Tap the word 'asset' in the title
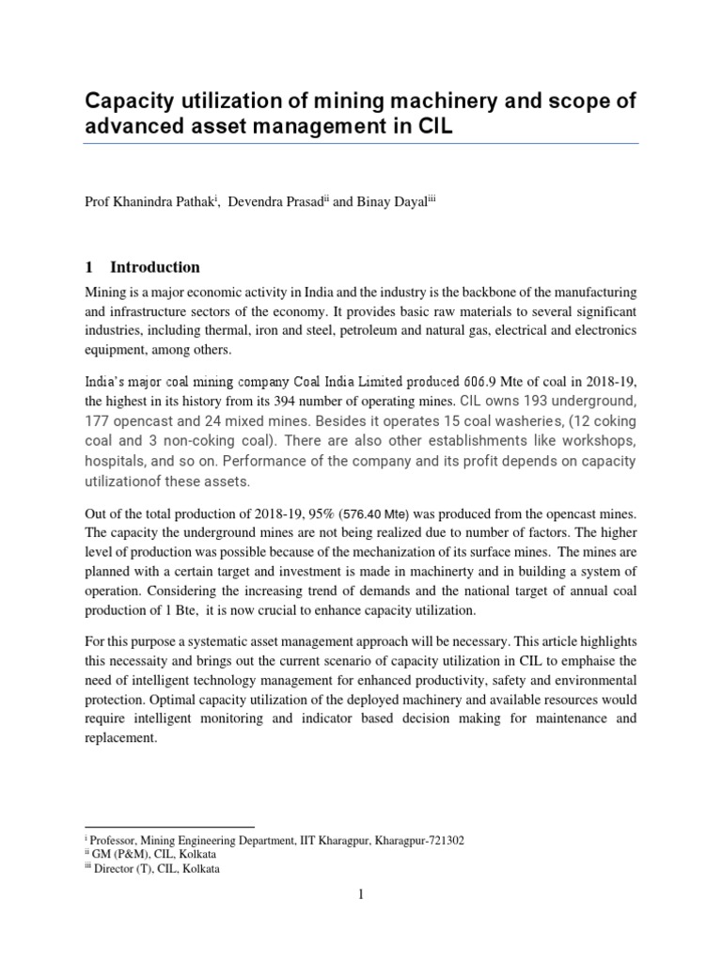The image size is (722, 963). (x=214, y=127)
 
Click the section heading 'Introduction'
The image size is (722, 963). (x=155, y=267)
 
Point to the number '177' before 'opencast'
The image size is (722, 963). (x=99, y=420)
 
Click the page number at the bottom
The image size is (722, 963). (x=360, y=893)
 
